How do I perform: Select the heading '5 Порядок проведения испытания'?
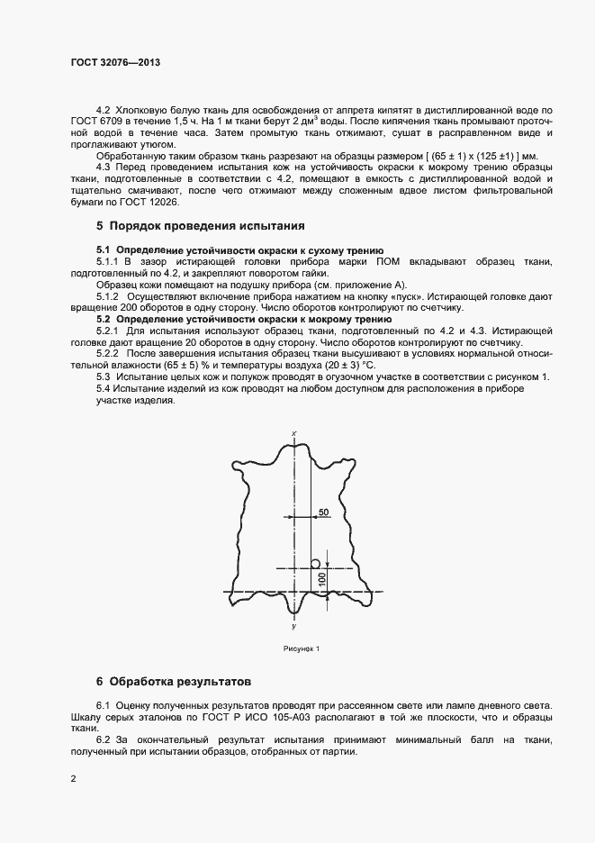[x=201, y=225]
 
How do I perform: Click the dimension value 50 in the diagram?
[x=324, y=512]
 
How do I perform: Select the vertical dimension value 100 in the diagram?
[x=322, y=580]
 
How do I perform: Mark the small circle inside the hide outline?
[x=315, y=563]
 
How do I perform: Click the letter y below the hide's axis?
[x=294, y=624]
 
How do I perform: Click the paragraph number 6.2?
[x=104, y=739]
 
